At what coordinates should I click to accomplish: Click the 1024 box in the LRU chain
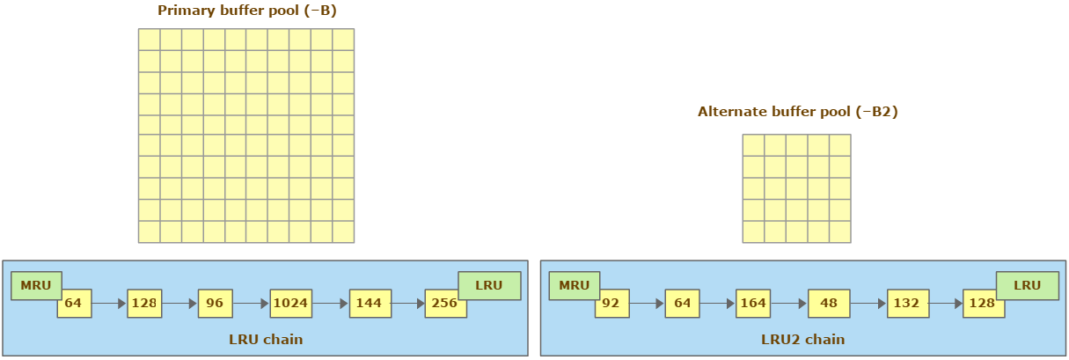click(x=291, y=303)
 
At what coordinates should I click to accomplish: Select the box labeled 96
click(x=215, y=303)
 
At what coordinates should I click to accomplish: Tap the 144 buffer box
click(x=370, y=303)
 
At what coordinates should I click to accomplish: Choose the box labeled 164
click(x=753, y=303)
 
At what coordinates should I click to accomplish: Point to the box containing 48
click(x=829, y=303)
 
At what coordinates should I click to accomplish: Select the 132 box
click(x=908, y=303)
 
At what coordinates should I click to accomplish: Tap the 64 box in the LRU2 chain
click(x=682, y=303)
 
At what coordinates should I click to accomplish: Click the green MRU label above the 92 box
click(x=575, y=285)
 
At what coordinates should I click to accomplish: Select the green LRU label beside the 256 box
click(x=489, y=285)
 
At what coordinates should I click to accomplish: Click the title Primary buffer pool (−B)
click(x=246, y=11)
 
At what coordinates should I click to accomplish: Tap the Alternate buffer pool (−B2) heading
click(x=797, y=112)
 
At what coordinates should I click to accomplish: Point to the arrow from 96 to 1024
click(x=251, y=303)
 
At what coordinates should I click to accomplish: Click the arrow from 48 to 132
click(x=868, y=303)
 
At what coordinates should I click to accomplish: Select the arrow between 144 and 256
click(x=407, y=303)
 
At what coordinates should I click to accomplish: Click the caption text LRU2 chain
click(x=802, y=340)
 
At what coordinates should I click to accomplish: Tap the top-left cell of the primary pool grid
click(x=149, y=40)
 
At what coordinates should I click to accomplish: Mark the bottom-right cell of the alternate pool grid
click(x=840, y=231)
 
